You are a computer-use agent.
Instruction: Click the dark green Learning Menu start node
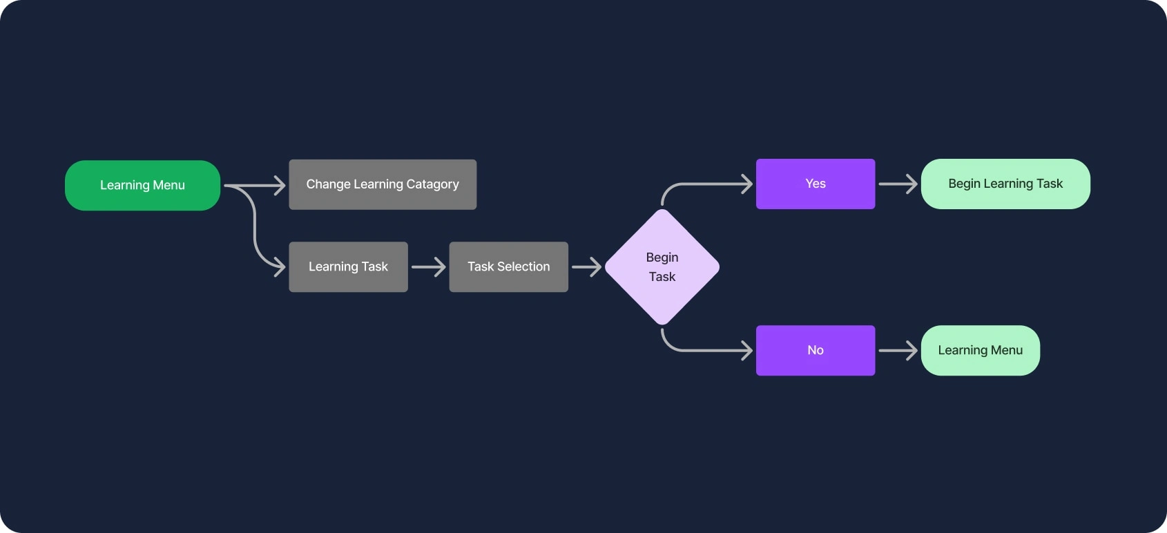tap(142, 185)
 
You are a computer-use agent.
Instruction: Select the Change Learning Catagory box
tap(383, 184)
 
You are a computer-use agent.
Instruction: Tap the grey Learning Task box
tap(348, 266)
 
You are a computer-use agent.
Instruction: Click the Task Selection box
tap(508, 266)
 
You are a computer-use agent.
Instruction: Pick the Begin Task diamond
tap(662, 267)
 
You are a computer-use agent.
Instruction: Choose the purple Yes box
tap(815, 184)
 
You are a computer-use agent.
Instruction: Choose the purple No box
tap(815, 350)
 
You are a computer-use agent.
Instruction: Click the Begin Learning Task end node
tap(1005, 184)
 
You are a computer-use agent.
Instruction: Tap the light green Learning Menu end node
tap(980, 350)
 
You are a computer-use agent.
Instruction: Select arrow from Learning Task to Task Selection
tap(428, 267)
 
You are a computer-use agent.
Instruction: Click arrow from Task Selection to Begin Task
tap(586, 267)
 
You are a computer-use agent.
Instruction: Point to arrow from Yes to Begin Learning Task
tap(898, 184)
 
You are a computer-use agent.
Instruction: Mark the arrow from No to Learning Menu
tap(898, 351)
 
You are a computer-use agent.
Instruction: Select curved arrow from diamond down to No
tap(691, 350)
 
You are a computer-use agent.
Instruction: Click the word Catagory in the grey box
tap(432, 184)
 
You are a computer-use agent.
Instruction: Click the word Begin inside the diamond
tap(662, 258)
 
